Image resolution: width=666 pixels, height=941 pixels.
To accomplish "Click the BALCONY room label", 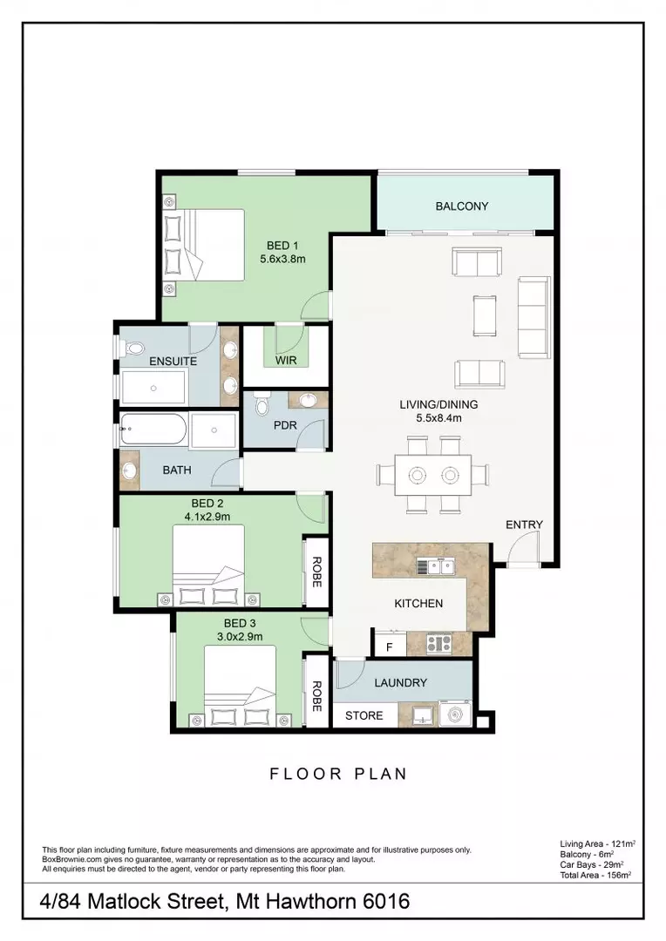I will pyautogui.click(x=462, y=206).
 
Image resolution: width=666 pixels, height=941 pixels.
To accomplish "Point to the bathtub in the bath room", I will pyautogui.click(x=153, y=430).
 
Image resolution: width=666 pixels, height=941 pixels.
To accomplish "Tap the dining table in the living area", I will pyautogui.click(x=433, y=475).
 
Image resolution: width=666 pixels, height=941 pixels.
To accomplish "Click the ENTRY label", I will pyautogui.click(x=524, y=525).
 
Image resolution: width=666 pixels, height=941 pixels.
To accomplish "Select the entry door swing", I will pyautogui.click(x=525, y=549).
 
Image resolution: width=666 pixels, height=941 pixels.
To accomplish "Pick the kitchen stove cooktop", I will pyautogui.click(x=438, y=644).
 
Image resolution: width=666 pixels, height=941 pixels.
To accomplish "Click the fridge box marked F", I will pyautogui.click(x=388, y=647).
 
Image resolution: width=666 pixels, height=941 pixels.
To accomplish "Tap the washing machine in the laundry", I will pyautogui.click(x=455, y=714).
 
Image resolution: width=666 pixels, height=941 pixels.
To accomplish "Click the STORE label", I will pyautogui.click(x=364, y=715).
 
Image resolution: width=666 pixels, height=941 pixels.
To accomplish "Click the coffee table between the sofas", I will pyautogui.click(x=485, y=317).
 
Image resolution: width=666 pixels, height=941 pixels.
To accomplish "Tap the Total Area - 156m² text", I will pyautogui.click(x=595, y=874).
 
